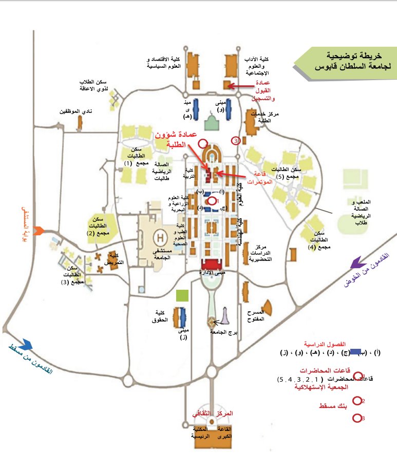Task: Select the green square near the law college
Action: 181,296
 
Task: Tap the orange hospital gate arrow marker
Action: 35,229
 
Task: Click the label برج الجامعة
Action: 225,333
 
